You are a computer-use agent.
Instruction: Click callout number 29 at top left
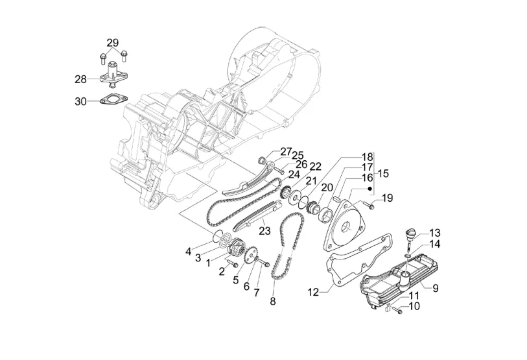tap(113, 43)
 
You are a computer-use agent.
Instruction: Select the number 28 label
tap(80, 79)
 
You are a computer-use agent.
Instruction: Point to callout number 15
tap(383, 174)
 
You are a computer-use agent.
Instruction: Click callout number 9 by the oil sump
tap(436, 288)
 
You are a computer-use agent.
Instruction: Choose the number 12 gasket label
tap(313, 293)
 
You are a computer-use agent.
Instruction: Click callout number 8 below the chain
tap(272, 301)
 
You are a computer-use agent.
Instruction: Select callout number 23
tap(264, 231)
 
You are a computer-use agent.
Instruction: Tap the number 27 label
tap(286, 152)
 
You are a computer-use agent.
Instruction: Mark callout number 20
tap(327, 187)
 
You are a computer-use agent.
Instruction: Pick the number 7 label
tap(257, 293)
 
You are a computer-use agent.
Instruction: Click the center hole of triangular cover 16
tap(346, 228)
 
